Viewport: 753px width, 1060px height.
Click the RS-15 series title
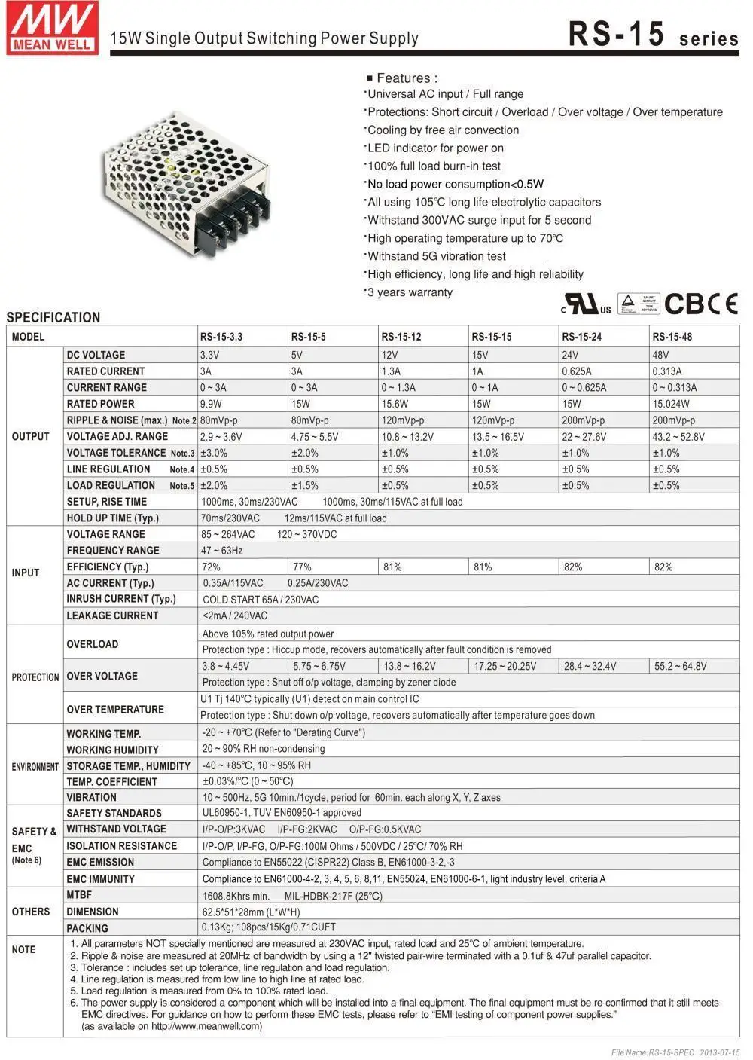pyautogui.click(x=652, y=35)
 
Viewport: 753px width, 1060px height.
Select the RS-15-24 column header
pyautogui.click(x=581, y=337)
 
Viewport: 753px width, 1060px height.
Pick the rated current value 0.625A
pyautogui.click(x=576, y=371)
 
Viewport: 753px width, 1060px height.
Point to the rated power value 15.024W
pyautogui.click(x=670, y=404)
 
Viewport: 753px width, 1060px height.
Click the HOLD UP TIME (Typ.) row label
pyautogui.click(x=112, y=518)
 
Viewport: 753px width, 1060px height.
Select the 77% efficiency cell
pyautogui.click(x=302, y=567)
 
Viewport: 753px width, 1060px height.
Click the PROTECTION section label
pyautogui.click(x=35, y=677)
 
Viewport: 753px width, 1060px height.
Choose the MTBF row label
pyautogui.click(x=79, y=895)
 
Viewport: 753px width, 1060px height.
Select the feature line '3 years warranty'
pyautogui.click(x=410, y=292)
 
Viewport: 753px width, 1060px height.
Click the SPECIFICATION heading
pyautogui.click(x=53, y=317)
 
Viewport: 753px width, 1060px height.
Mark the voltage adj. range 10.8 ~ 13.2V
pyautogui.click(x=407, y=437)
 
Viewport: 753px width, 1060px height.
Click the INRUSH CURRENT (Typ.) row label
pyautogui.click(x=120, y=599)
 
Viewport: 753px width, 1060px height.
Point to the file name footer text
pyautogui.click(x=675, y=1052)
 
